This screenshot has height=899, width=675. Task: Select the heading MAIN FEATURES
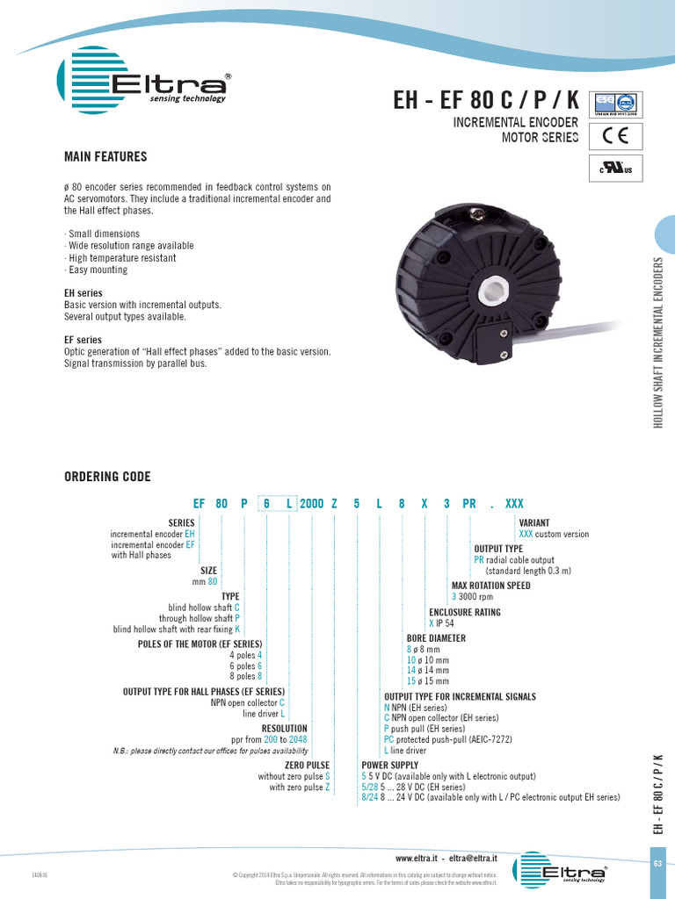point(105,157)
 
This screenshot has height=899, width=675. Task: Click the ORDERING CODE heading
point(107,477)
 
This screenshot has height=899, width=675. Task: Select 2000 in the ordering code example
point(312,504)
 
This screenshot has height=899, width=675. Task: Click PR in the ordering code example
point(469,504)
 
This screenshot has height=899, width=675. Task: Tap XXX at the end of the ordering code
point(514,504)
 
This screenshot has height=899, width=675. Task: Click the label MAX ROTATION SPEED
point(490,586)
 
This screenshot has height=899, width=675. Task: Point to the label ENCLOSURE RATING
point(464,613)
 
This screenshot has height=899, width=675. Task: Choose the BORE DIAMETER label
point(435,638)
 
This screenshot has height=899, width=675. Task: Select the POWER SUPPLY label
point(389,766)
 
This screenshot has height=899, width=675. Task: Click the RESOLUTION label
point(285,729)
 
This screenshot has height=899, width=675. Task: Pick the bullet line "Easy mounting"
point(96,270)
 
